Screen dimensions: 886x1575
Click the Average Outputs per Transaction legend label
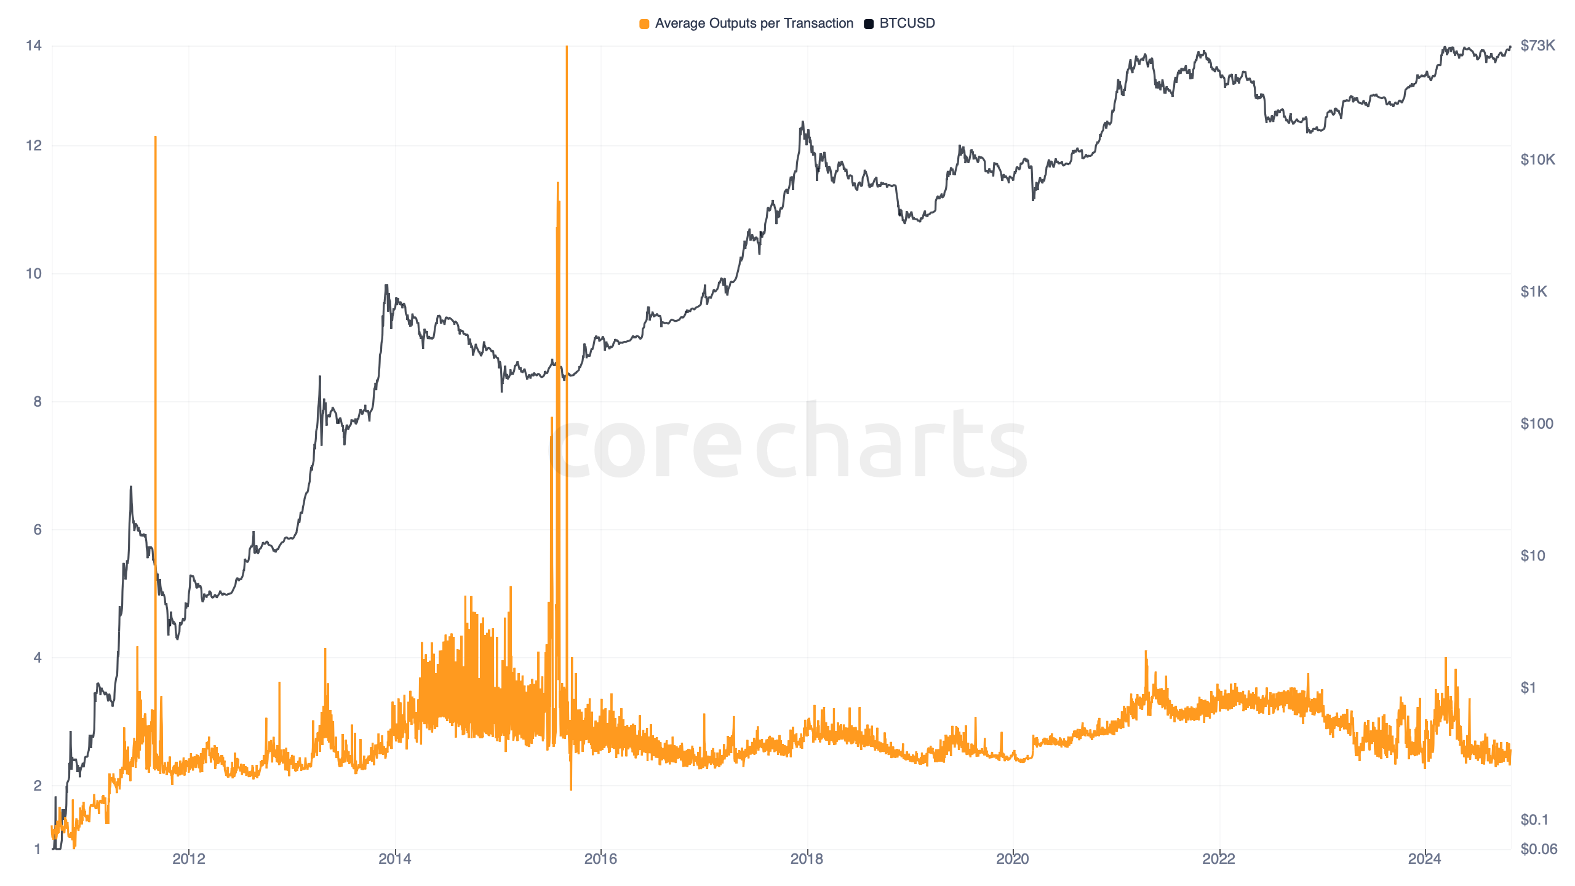point(754,23)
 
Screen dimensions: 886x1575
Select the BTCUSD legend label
point(907,23)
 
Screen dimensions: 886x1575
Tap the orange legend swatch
point(644,24)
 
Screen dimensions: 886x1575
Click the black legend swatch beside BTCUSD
point(869,24)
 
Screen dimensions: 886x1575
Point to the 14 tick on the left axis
point(34,46)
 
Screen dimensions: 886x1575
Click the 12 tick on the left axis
point(34,146)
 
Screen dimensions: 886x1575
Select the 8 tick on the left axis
point(38,402)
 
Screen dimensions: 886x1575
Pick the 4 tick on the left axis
point(38,658)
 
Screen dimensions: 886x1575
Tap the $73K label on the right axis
point(1537,46)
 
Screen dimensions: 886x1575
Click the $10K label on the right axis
point(1537,160)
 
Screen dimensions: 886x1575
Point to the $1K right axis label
point(1534,292)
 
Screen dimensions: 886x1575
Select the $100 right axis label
point(1536,424)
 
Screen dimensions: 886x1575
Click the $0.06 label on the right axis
point(1538,850)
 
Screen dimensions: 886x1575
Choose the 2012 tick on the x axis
point(189,859)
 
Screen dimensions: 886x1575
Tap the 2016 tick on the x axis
point(600,859)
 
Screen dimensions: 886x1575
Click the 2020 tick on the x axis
point(1013,859)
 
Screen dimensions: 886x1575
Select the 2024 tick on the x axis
point(1424,859)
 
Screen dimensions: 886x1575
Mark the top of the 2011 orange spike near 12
point(156,137)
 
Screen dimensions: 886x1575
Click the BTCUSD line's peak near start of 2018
point(802,122)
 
